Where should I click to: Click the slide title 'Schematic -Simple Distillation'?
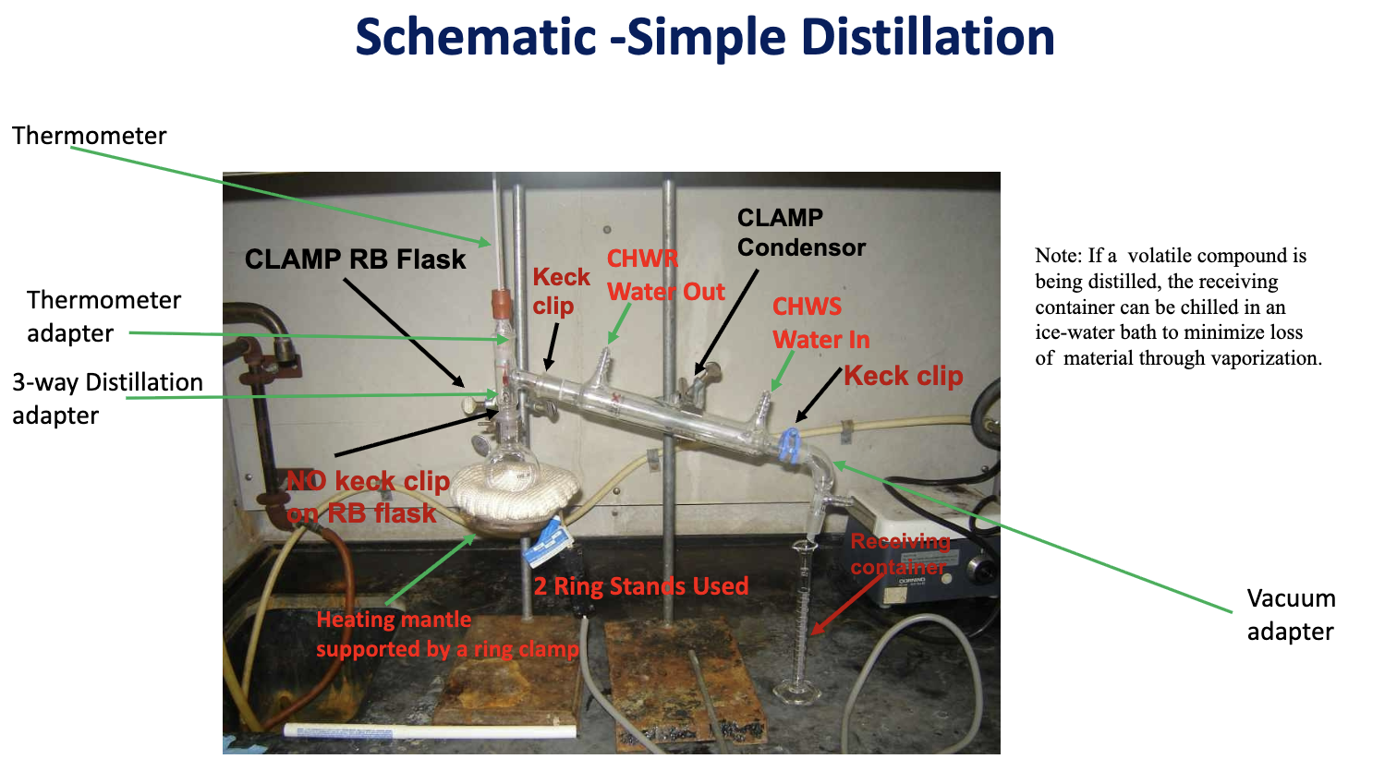705,38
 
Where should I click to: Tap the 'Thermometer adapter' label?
103,317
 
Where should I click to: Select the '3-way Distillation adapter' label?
107,398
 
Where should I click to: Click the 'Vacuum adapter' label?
1291,615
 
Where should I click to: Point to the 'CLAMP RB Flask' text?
355,259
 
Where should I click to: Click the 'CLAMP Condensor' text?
801,233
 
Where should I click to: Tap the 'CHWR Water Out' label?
665,275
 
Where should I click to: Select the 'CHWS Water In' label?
820,323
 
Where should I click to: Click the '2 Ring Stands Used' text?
641,586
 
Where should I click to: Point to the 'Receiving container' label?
900,553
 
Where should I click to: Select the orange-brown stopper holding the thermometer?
500,301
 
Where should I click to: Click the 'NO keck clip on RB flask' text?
367,497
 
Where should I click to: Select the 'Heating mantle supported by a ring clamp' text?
446,634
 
